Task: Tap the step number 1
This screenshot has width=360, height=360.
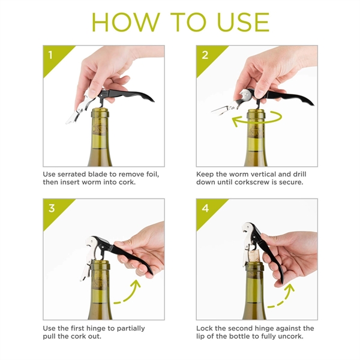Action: (x=50, y=55)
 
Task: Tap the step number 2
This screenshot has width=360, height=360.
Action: (x=205, y=55)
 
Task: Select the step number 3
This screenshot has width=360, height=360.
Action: (x=51, y=208)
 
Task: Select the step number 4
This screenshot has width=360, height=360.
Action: (x=205, y=208)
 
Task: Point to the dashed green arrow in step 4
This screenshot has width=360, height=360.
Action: (x=282, y=296)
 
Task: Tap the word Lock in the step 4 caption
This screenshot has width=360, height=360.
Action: (x=205, y=328)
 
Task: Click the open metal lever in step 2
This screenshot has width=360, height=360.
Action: (x=224, y=109)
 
